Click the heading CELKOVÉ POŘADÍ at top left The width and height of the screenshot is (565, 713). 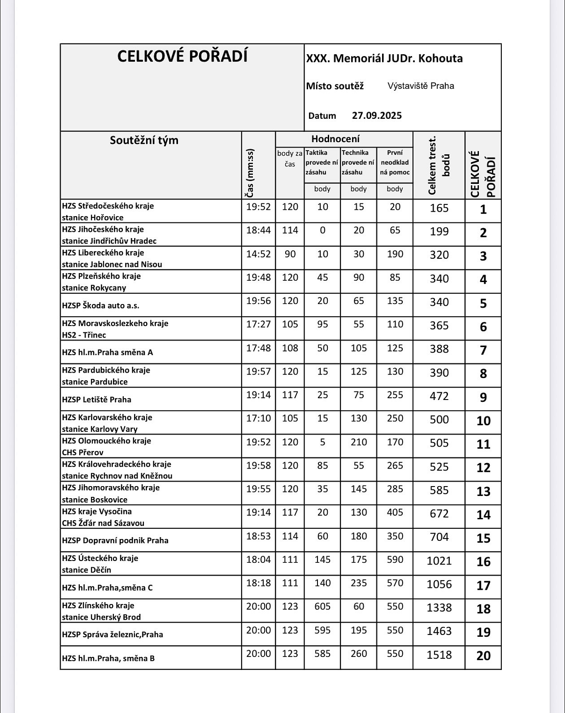pos(183,57)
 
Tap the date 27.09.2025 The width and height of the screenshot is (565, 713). pos(377,116)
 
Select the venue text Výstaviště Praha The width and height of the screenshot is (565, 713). pos(421,86)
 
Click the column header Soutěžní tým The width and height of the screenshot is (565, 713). pos(144,140)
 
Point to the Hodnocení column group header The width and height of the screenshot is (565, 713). pos(335,139)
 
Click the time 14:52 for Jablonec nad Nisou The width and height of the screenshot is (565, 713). pos(258,254)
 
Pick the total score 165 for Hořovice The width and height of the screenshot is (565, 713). pos(439,208)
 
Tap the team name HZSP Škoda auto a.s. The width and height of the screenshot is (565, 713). pos(100,305)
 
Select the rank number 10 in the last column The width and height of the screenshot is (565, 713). pos(483,421)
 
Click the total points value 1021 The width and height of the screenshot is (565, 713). pos(439,561)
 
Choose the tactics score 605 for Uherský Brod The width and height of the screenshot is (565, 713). pos(322,606)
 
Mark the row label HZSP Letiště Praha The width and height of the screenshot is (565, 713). pos(96,400)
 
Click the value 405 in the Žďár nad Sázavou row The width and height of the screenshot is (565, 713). pos(395,512)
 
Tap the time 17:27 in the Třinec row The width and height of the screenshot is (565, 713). pos(258,323)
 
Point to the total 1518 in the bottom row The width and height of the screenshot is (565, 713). pos(439,655)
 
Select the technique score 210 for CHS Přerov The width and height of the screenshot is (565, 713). pos(359,442)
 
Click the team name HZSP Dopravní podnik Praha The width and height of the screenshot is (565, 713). pos(115,540)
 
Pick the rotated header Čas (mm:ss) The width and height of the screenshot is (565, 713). pos(250,173)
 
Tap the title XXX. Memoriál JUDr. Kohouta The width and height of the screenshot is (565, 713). pos(384,59)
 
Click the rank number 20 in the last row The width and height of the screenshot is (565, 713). pos(483,656)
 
